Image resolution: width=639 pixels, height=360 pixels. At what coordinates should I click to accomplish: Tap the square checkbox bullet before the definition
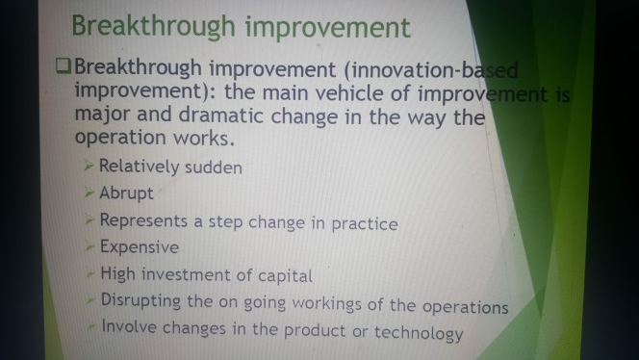coord(63,68)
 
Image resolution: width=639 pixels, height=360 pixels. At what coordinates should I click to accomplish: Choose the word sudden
coord(213,167)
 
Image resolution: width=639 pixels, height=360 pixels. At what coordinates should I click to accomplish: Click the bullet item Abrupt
coord(126,193)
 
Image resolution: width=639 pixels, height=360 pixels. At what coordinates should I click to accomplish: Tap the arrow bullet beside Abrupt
coord(89,193)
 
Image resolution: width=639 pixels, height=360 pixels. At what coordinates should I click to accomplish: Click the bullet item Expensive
coord(139,248)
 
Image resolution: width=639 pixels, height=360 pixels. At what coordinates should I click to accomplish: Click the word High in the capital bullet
coord(117,275)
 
